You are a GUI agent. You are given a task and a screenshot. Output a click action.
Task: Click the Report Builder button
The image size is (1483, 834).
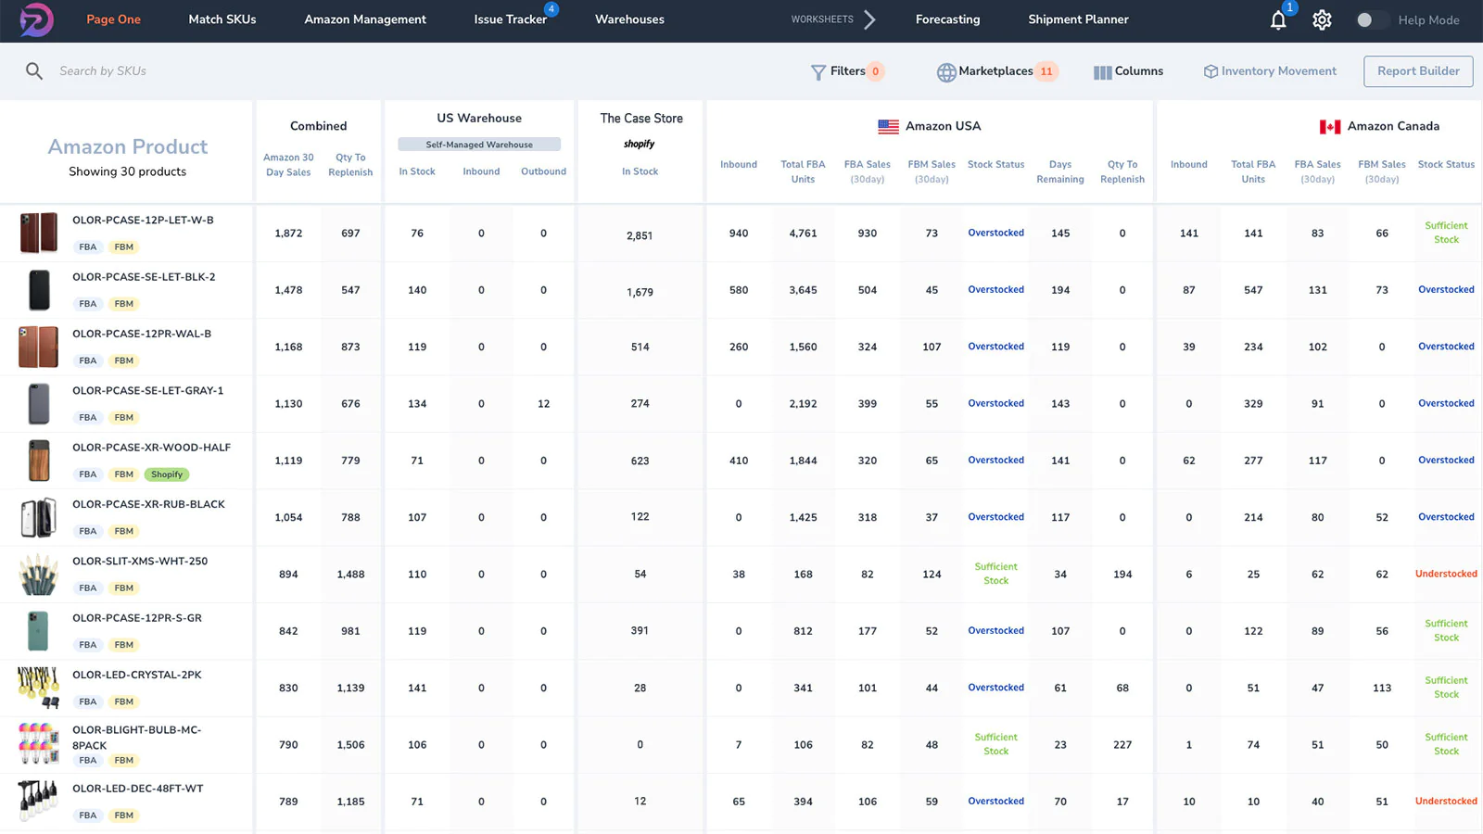tap(1417, 71)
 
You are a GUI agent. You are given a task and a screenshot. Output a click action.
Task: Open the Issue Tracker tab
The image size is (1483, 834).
tap(510, 19)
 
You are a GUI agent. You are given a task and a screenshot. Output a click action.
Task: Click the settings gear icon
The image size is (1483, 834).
tap(1322, 20)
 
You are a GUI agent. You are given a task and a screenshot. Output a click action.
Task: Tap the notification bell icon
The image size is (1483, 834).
tap(1278, 20)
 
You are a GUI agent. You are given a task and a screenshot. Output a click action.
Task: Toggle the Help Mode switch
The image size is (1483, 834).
tap(1370, 20)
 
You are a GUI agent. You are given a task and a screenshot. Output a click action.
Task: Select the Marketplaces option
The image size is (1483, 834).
tap(995, 71)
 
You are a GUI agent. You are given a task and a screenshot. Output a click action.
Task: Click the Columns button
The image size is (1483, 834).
tap(1128, 71)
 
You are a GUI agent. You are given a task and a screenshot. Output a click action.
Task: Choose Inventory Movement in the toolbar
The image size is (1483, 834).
tap(1270, 71)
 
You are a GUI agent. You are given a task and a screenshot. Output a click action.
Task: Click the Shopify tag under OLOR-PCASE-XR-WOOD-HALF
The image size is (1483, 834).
tap(167, 474)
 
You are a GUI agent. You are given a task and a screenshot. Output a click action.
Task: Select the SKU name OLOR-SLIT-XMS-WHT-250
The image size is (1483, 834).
tap(140, 562)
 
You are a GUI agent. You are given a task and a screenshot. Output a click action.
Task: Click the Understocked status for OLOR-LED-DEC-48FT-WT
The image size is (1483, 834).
tap(1445, 802)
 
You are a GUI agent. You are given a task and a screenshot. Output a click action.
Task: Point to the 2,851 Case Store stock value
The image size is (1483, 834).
tap(640, 235)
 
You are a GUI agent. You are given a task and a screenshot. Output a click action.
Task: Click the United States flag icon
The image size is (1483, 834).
tap(888, 127)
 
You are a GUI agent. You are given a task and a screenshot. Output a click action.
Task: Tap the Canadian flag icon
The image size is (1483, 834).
tap(1330, 127)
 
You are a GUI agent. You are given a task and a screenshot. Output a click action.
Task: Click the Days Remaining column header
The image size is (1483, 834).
tap(1059, 171)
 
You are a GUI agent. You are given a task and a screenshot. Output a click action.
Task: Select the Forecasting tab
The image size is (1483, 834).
tap(947, 19)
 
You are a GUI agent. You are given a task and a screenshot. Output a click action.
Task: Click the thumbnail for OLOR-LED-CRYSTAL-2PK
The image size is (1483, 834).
tap(38, 688)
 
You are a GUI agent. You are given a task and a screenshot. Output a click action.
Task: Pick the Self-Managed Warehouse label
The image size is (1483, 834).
tap(479, 145)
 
